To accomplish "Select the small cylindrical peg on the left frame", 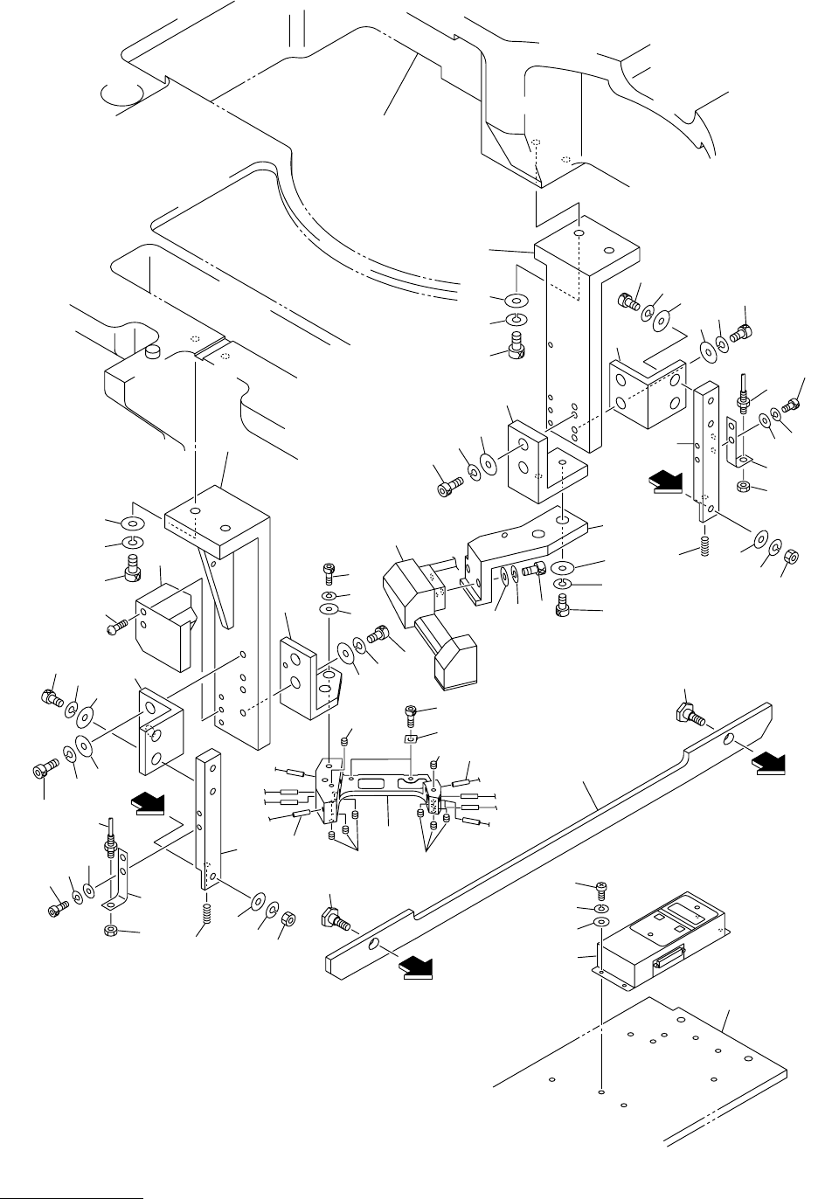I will (154, 352).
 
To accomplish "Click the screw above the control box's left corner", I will (600, 890).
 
